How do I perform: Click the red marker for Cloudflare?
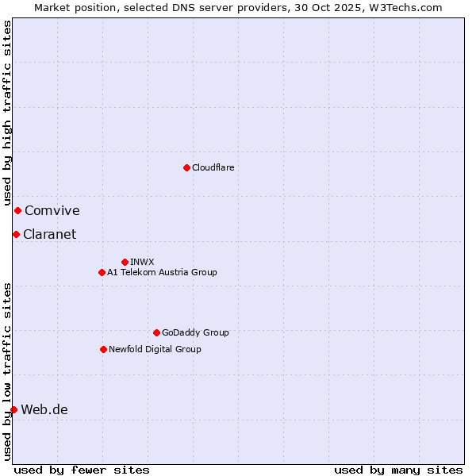186,167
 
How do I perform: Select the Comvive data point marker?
17,210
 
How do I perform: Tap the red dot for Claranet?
16,234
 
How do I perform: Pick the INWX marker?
125,262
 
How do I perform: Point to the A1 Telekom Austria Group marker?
102,272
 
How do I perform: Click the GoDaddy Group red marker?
156,332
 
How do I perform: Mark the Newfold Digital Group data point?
103,349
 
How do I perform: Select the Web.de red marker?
13,409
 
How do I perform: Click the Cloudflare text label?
213,167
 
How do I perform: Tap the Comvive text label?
52,210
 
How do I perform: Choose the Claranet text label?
49,234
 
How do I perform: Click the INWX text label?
142,262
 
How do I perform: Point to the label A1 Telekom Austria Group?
162,272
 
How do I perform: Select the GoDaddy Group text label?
195,332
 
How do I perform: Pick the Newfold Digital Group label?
155,349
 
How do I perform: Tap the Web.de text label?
44,409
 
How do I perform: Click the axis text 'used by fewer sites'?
82,470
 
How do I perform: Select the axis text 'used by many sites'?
398,470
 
